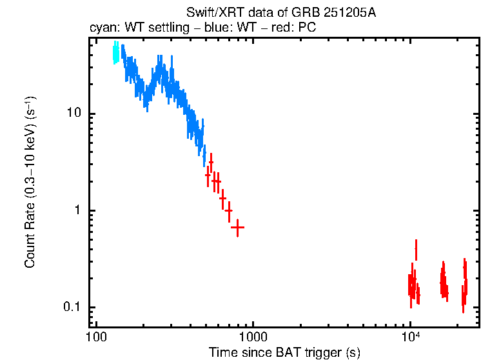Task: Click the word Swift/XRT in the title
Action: [208, 13]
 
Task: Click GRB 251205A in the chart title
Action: [333, 13]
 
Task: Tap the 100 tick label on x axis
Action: [95, 337]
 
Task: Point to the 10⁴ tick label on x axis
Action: [410, 336]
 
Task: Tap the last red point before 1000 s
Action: [238, 228]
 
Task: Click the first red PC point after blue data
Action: [208, 175]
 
